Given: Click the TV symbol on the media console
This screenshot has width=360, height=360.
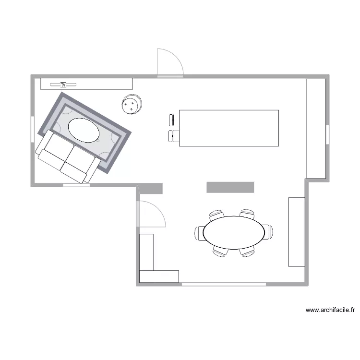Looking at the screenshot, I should [63, 84].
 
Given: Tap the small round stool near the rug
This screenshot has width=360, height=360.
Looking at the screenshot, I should [131, 104].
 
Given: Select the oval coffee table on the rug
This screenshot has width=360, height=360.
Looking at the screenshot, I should [84, 130].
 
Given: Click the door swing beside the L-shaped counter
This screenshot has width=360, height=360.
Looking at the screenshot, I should [151, 214].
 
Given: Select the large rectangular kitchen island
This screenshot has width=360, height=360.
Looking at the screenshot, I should [228, 128].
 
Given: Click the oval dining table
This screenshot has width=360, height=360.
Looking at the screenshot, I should [234, 232].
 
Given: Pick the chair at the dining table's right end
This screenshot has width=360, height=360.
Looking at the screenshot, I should [268, 231].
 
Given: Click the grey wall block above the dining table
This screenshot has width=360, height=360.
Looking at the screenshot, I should [230, 187].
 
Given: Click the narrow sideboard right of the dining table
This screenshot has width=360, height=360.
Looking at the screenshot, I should [296, 231].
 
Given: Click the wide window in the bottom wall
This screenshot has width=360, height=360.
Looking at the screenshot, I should [224, 285].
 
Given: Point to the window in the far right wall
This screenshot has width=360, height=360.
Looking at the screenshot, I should [327, 135].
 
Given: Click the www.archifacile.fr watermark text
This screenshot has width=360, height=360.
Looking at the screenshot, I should [330, 310].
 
